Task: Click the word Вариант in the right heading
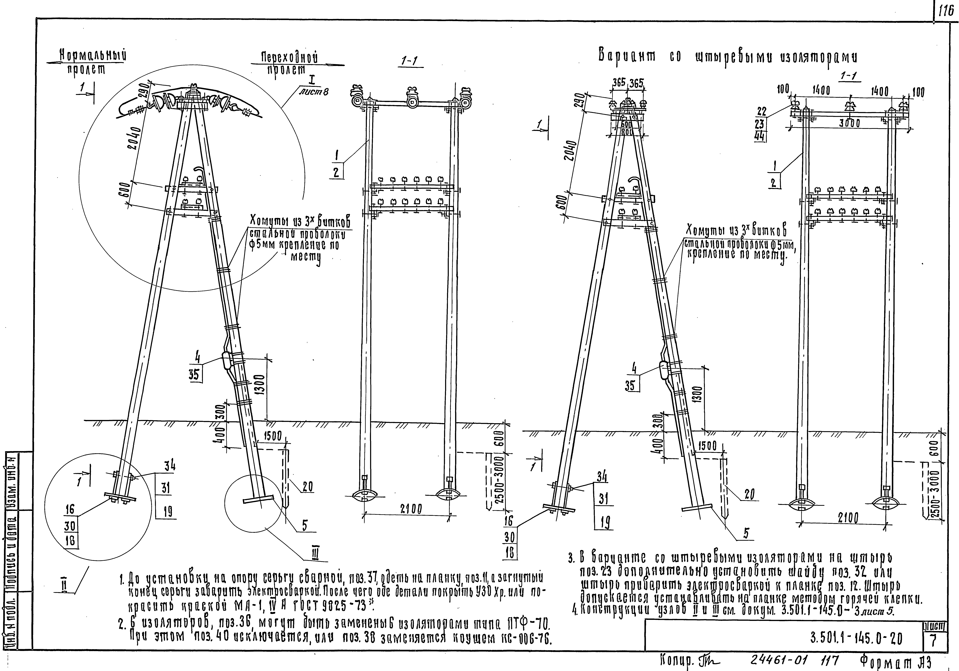coord(626,56)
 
